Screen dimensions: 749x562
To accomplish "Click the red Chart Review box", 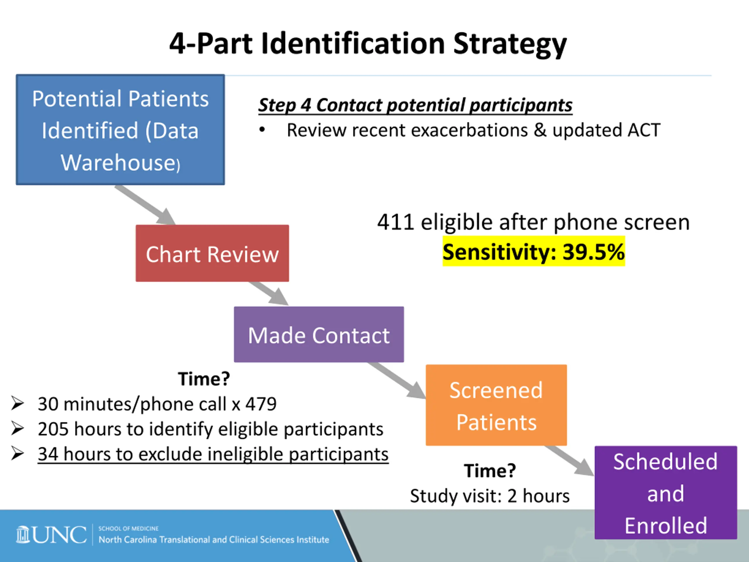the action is pyautogui.click(x=212, y=253).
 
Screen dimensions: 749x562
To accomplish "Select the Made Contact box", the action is pyautogui.click(x=319, y=334).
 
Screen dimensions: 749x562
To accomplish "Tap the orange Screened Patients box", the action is pyautogui.click(x=496, y=405).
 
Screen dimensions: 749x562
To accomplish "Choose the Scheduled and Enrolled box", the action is pyautogui.click(x=666, y=493).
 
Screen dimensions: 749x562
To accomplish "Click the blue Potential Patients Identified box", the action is pyautogui.click(x=120, y=130).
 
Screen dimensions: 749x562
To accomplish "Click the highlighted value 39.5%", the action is pyautogui.click(x=593, y=252).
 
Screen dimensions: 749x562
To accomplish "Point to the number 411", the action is pyautogui.click(x=396, y=222).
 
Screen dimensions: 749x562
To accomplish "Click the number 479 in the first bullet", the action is pyautogui.click(x=261, y=404).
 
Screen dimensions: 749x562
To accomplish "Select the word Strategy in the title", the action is pyautogui.click(x=510, y=44).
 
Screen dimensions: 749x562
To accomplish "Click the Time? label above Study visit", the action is pyautogui.click(x=489, y=471).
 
